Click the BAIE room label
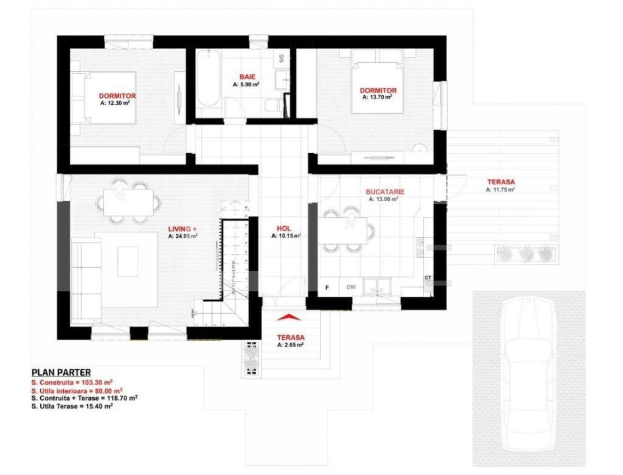click(x=246, y=77)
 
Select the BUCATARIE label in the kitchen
click(x=385, y=192)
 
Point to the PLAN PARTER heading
click(x=61, y=373)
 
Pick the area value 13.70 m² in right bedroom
click(x=377, y=96)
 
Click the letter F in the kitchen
click(x=327, y=288)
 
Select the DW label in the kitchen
click(x=351, y=288)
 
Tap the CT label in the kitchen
click(x=428, y=278)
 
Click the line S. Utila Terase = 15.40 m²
click(x=72, y=406)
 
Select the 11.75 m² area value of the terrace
click(x=500, y=189)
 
